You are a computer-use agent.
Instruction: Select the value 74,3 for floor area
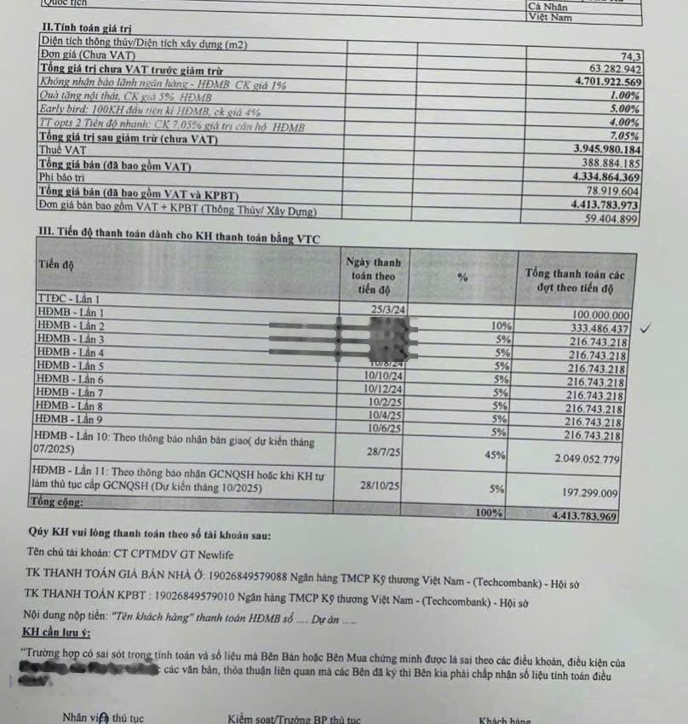click(x=629, y=55)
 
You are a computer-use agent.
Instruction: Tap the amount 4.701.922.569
click(x=599, y=82)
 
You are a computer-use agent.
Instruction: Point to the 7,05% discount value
click(x=624, y=135)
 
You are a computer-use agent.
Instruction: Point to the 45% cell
click(x=495, y=456)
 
